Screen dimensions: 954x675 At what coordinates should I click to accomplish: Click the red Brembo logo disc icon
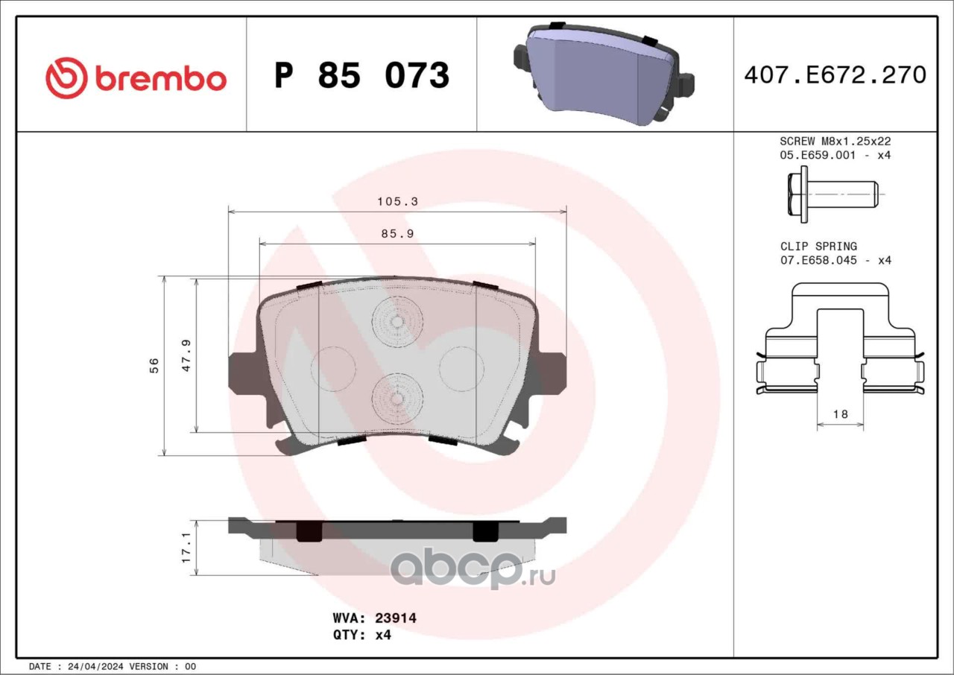(66, 78)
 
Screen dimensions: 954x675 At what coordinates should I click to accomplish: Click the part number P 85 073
(362, 75)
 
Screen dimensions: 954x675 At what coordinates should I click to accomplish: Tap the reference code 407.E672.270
(835, 75)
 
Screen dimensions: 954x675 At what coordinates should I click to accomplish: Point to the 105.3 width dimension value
(397, 201)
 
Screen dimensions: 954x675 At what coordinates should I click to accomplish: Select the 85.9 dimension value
(397, 234)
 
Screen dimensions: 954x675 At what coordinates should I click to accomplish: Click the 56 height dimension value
(154, 366)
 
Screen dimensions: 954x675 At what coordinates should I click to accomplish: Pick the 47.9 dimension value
(186, 355)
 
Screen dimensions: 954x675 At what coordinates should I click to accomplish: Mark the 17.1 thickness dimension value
(186, 548)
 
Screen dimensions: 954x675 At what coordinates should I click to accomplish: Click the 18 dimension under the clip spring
(840, 414)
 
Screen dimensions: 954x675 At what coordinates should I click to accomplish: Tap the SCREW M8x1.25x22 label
(835, 141)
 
